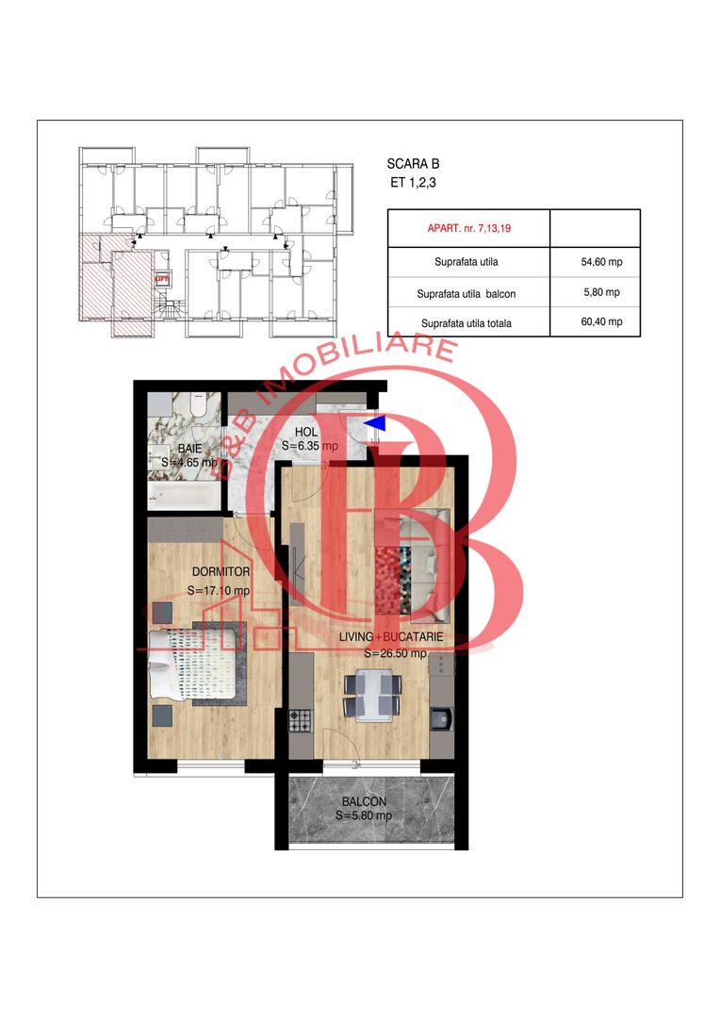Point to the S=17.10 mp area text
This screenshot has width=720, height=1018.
(x=219, y=591)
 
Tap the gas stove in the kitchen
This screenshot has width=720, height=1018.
(x=300, y=720)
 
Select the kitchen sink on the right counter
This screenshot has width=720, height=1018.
(x=441, y=720)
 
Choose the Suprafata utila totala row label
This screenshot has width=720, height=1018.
(x=466, y=323)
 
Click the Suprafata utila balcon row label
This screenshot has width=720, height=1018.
(x=466, y=293)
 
